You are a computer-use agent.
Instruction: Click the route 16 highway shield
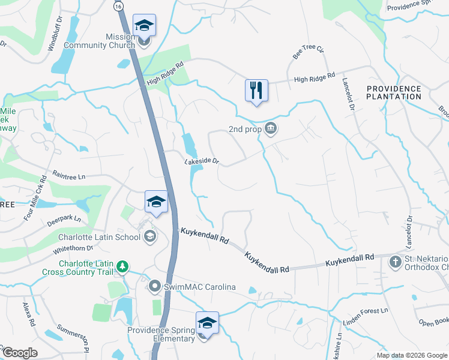pos(118,6)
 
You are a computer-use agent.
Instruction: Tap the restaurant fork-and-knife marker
pos(256,91)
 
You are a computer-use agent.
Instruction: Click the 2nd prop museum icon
pos(271,128)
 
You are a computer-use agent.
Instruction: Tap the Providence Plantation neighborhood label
pos(394,92)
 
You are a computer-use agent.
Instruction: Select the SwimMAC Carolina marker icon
pos(155,287)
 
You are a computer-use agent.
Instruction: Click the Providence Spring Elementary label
pos(161,334)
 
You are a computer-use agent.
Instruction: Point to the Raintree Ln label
pos(70,176)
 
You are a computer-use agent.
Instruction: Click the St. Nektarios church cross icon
pos(395,262)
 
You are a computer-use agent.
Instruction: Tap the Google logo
pos(20,353)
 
